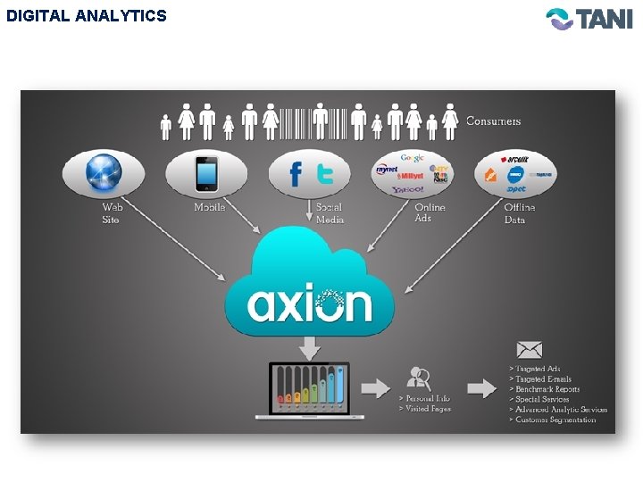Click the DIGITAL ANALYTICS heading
click(86, 16)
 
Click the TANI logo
click(589, 19)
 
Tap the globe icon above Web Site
click(103, 173)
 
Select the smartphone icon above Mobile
click(207, 174)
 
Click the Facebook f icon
click(296, 174)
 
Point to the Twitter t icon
click(325, 173)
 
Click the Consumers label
click(493, 121)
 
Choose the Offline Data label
click(520, 212)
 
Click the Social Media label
click(329, 212)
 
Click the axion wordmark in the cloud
click(310, 304)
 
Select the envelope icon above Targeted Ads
click(529, 350)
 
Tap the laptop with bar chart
click(310, 390)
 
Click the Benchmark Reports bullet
click(547, 389)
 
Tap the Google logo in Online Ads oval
click(412, 157)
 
